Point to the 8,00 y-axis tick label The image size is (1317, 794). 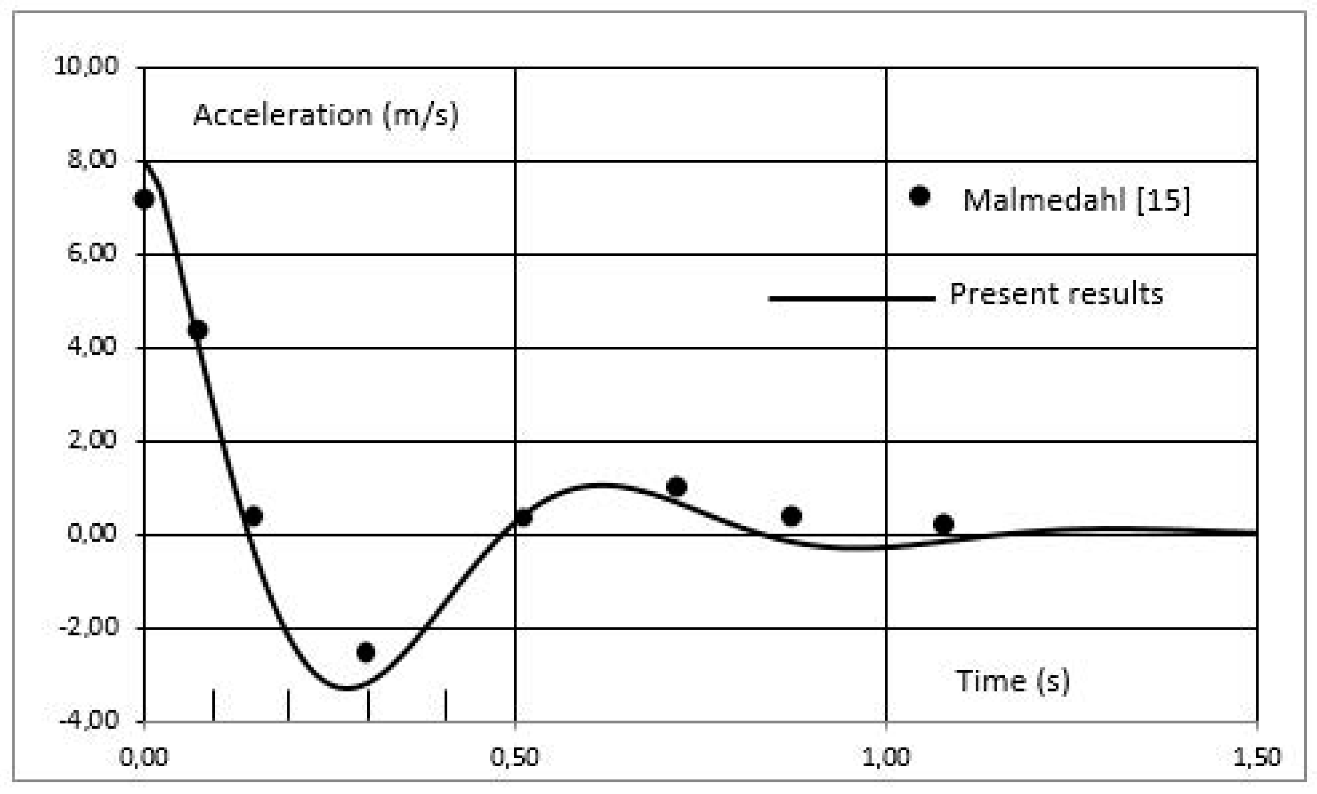click(92, 160)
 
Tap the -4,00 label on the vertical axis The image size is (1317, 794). click(89, 720)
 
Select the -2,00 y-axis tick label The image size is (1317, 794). click(89, 627)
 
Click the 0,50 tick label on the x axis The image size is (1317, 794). click(515, 758)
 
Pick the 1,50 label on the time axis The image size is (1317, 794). click(1257, 758)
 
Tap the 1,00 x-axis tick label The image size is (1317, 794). click(886, 758)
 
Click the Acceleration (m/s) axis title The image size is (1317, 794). click(325, 115)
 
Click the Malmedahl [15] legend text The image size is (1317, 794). click(1077, 200)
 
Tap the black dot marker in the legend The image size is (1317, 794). click(919, 196)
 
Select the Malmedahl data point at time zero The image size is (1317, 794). click(144, 199)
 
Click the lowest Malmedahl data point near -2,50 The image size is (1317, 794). click(366, 652)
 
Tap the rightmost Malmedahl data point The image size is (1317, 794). click(944, 524)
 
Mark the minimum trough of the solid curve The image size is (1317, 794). click(346, 688)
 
